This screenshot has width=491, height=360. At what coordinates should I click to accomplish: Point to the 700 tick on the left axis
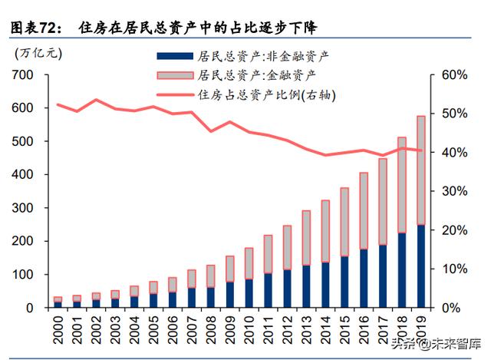point(22,74)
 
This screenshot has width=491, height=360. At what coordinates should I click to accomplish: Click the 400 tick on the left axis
point(22,174)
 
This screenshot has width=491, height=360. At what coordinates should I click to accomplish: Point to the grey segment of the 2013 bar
point(306,237)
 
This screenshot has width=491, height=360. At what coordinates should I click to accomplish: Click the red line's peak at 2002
point(96,100)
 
